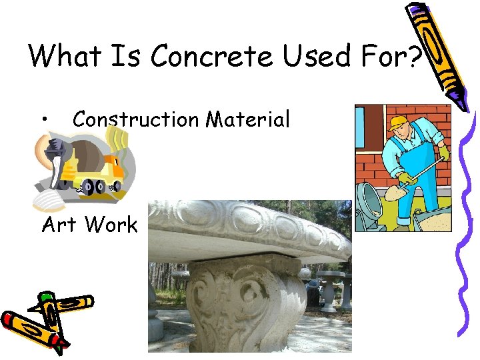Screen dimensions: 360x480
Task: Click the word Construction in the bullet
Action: click(x=135, y=119)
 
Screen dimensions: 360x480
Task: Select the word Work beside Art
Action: click(x=111, y=225)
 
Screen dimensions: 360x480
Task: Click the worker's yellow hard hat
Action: click(x=398, y=123)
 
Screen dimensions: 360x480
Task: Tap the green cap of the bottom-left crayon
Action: click(x=45, y=297)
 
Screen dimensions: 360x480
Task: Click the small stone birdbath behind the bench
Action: click(x=329, y=290)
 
